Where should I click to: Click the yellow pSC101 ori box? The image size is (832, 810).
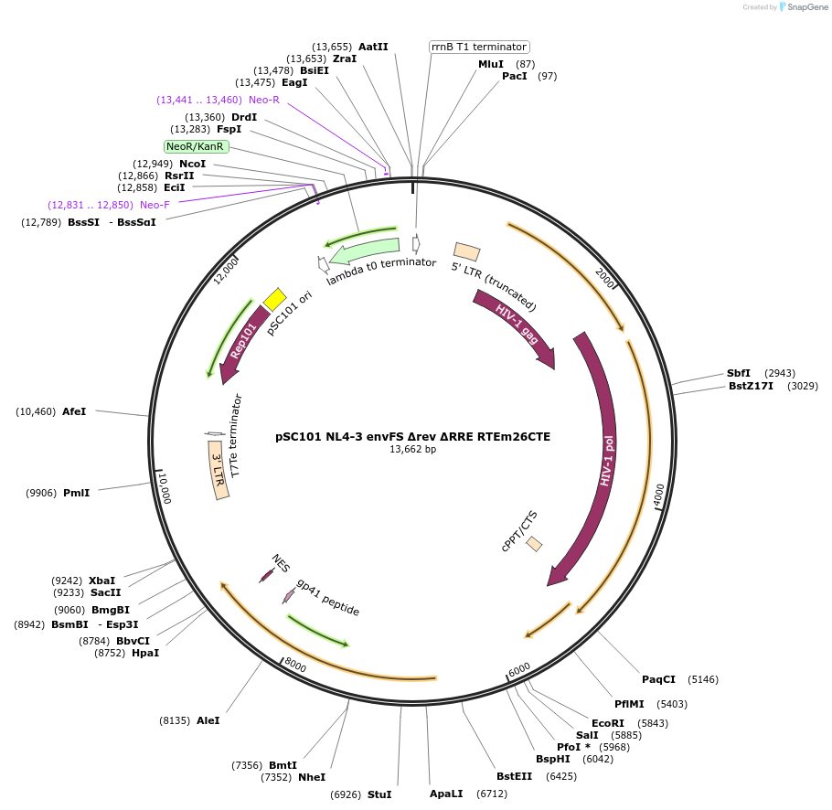pyautogui.click(x=274, y=299)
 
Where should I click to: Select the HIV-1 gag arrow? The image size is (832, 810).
pyautogui.click(x=514, y=328)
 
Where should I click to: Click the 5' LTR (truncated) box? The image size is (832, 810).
pyautogui.click(x=467, y=251)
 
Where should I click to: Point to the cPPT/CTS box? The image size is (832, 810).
pyautogui.click(x=534, y=544)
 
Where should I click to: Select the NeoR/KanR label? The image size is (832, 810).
pyautogui.click(x=196, y=146)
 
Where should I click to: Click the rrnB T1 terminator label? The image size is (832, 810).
pyautogui.click(x=479, y=47)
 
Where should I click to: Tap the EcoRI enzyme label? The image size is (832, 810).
pyautogui.click(x=607, y=723)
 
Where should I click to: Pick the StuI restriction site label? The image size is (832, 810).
pyautogui.click(x=379, y=794)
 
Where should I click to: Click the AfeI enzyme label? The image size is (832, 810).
pyautogui.click(x=74, y=411)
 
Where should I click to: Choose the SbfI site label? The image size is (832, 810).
pyautogui.click(x=739, y=373)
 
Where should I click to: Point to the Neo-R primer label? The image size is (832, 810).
pyautogui.click(x=264, y=100)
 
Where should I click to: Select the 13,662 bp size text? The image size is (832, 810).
pyautogui.click(x=413, y=449)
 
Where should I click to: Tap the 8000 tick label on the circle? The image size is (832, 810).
pyautogui.click(x=294, y=663)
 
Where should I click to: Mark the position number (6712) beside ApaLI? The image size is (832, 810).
pyautogui.click(x=492, y=794)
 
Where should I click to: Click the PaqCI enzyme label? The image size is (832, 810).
pyautogui.click(x=658, y=679)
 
